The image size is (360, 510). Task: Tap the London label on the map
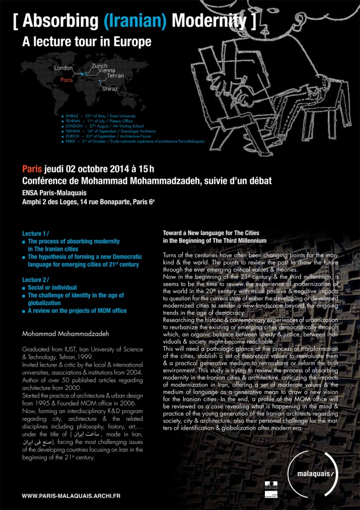[63, 68]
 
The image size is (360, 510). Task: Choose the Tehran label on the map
[116, 76]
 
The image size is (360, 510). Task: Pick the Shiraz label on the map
[110, 89]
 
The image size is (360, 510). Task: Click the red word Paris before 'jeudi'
[32, 169]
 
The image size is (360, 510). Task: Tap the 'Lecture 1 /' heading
[36, 233]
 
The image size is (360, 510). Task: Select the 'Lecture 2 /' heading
[36, 279]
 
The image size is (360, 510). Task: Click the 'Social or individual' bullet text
[52, 287]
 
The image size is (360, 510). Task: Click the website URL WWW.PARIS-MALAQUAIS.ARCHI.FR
[71, 496]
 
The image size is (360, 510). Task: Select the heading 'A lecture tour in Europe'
[86, 42]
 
